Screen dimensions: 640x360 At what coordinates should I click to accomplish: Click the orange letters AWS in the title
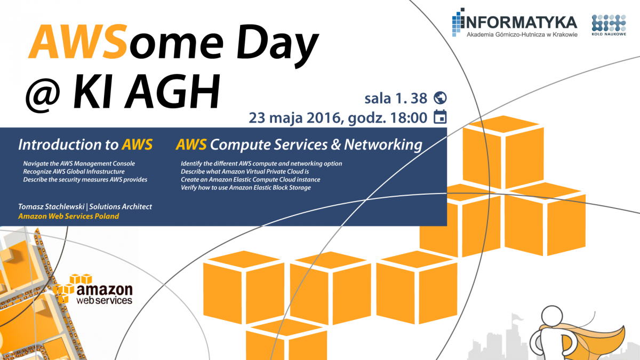click(x=78, y=42)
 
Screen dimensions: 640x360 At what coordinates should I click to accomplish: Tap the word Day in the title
click(x=277, y=46)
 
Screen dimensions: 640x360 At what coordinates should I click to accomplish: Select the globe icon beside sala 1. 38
click(x=440, y=98)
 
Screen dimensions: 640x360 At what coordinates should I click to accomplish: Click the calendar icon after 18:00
click(x=440, y=117)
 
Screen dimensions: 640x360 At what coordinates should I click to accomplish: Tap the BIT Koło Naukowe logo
click(x=609, y=25)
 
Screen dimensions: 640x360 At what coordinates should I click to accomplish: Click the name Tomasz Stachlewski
click(x=51, y=206)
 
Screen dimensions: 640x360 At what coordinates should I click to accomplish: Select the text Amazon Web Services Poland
click(x=69, y=216)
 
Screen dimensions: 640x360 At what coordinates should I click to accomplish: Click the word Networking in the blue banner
click(x=383, y=145)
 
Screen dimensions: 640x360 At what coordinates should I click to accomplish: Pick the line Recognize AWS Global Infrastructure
click(x=74, y=172)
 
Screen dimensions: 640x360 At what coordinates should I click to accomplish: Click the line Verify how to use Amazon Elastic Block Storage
click(x=246, y=188)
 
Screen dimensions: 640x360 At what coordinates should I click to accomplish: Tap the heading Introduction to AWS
click(x=85, y=145)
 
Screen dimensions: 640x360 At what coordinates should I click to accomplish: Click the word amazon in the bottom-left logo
click(x=105, y=290)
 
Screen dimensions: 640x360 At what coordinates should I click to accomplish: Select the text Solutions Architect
click(x=121, y=206)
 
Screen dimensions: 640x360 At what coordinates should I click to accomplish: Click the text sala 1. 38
click(x=396, y=99)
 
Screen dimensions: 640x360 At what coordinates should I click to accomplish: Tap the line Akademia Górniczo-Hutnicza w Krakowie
click(x=522, y=35)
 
